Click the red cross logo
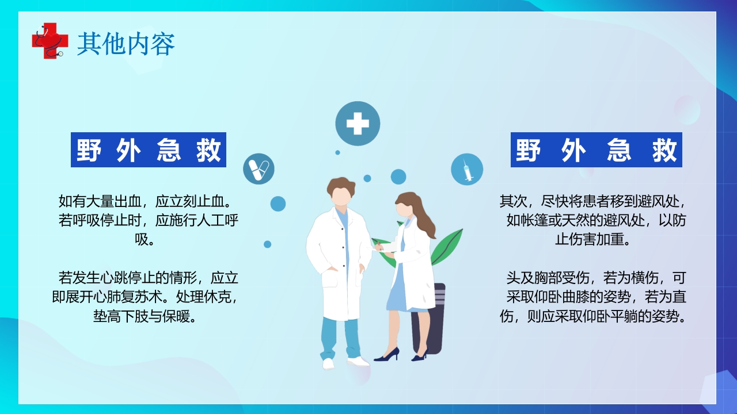click(x=45, y=40)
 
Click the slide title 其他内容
click(x=126, y=44)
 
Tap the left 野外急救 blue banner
click(x=149, y=150)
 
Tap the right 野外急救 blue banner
click(x=596, y=150)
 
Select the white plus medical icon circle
click(x=358, y=124)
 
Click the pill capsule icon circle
click(x=259, y=168)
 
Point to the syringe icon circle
click(x=466, y=169)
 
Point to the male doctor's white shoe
click(x=358, y=361)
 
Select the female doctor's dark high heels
click(x=387, y=355)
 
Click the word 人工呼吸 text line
click(x=149, y=220)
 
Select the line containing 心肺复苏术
click(x=144, y=298)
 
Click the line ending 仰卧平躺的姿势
click(x=593, y=316)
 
